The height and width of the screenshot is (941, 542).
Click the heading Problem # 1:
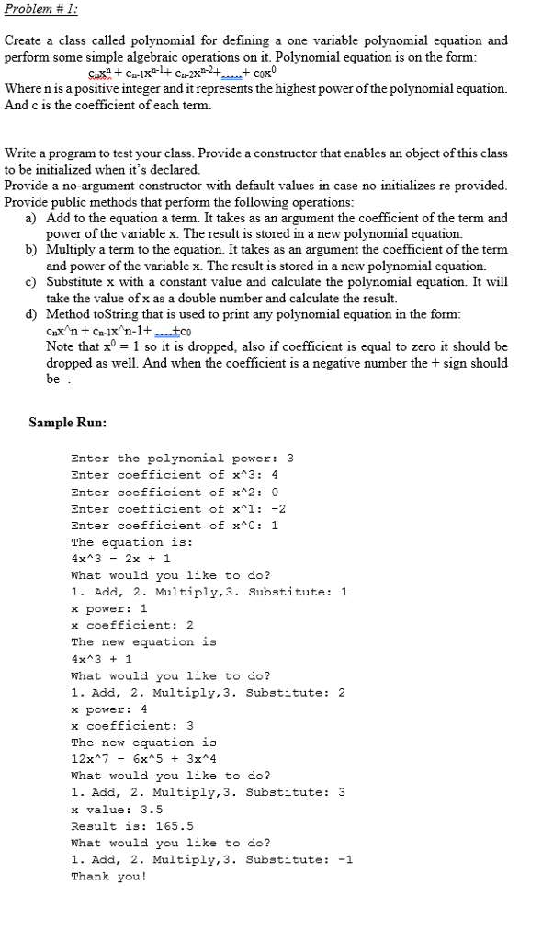(41, 10)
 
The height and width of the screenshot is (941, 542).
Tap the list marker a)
(30, 218)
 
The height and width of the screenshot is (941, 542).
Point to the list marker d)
(30, 314)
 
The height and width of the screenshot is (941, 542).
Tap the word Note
(62, 346)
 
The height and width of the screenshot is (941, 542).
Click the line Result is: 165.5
(132, 826)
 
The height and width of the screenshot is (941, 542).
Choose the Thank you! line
(108, 876)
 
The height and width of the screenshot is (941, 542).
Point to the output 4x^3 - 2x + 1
(120, 559)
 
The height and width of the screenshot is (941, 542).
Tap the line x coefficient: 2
(132, 626)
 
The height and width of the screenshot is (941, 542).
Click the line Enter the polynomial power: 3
(182, 459)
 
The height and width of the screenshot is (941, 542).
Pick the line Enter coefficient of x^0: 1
(175, 526)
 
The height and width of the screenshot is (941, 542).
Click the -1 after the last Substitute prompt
(344, 859)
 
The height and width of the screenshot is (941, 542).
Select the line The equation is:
(119, 542)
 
